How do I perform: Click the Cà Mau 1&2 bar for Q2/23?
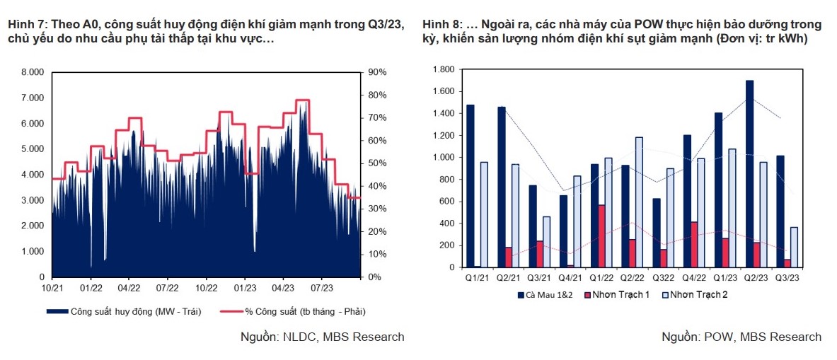tap(749, 174)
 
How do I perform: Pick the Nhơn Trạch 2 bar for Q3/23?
tap(794, 247)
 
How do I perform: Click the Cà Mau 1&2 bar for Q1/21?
tap(471, 186)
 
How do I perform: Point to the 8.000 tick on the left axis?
tap(33, 72)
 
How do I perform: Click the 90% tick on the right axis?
tap(377, 72)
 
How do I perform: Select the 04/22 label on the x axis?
tap(128, 288)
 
